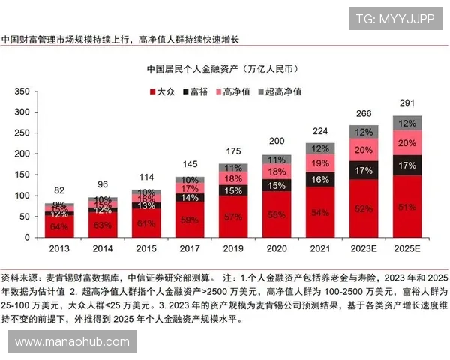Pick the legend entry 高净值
[235, 91]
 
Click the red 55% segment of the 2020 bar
[277, 214]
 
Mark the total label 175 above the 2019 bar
[234, 151]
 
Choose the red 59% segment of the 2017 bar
[190, 220]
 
